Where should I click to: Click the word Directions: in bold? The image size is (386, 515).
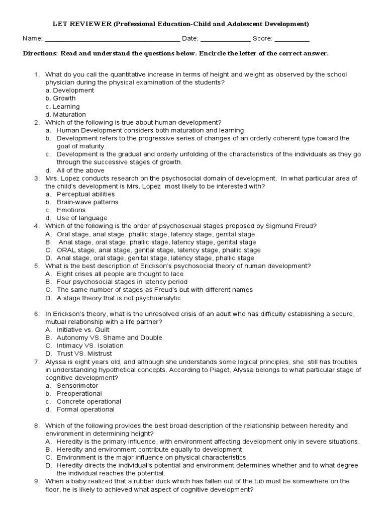pos(42,54)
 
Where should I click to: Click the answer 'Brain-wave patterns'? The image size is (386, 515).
pos(87,202)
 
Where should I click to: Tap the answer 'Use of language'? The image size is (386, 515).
pos(82,218)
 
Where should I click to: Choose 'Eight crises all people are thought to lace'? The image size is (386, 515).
pos(120,274)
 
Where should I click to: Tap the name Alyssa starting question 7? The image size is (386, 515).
pos(56,362)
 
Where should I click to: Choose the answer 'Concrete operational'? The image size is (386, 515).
pos(89,402)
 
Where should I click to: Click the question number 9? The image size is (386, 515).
pos(37,481)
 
